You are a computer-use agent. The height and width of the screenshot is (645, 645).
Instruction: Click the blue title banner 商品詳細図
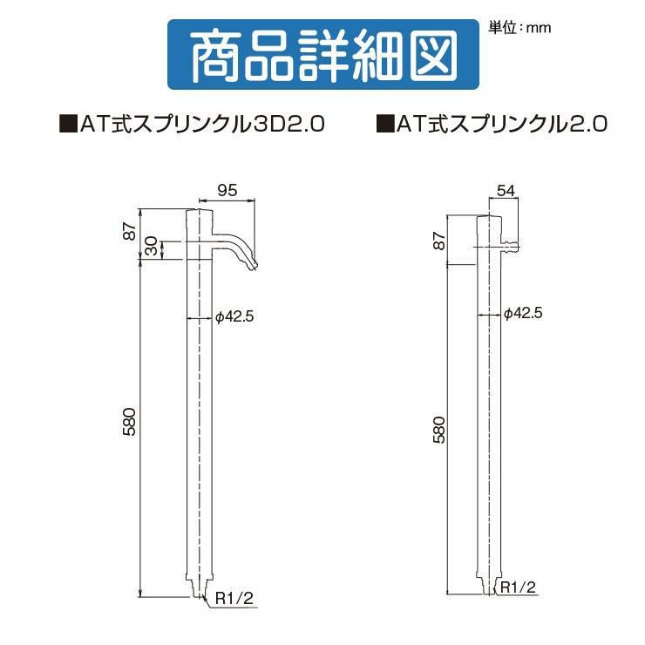[x=322, y=54]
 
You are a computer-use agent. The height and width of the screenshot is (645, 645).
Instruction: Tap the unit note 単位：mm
[x=519, y=28]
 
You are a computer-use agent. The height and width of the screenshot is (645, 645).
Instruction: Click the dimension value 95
[x=227, y=190]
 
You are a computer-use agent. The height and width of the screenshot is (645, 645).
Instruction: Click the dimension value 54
[x=506, y=191]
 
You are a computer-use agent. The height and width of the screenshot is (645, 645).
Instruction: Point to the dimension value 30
[x=152, y=246]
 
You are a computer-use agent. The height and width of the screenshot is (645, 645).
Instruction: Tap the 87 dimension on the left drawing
[x=129, y=231]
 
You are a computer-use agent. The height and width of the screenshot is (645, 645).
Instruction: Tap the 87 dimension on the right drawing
[x=439, y=241]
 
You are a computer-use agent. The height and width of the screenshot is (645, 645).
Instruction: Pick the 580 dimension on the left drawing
[x=129, y=422]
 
